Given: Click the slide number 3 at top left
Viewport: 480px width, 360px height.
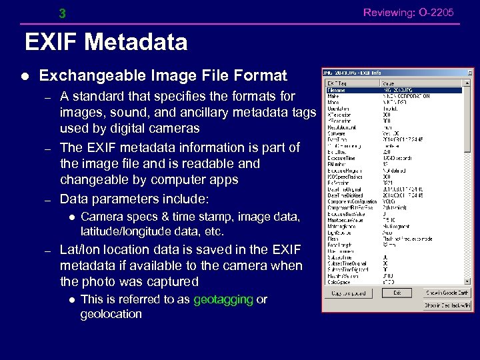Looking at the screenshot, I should [x=62, y=14].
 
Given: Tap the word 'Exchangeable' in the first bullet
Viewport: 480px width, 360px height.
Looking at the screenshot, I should [x=81, y=75].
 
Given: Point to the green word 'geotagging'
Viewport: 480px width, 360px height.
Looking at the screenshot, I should [x=223, y=299].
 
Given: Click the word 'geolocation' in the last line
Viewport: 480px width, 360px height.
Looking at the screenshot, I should [x=111, y=314].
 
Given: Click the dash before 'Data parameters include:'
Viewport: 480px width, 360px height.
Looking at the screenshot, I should [x=47, y=199].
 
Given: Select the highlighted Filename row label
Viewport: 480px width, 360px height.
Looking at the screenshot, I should [x=335, y=90].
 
